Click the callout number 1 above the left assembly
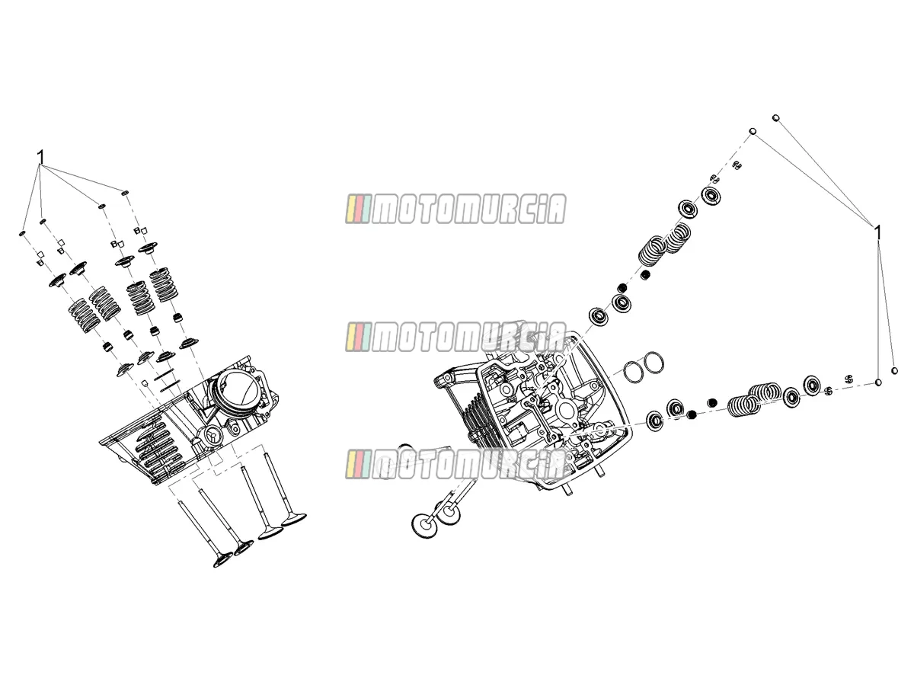click(40, 158)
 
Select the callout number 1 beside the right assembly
click(877, 233)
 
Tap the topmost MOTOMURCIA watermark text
click(468, 209)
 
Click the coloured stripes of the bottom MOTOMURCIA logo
click(357, 463)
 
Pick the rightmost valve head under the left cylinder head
click(294, 520)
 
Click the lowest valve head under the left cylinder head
click(222, 561)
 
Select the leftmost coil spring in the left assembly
click(85, 316)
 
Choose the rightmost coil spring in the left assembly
click(164, 285)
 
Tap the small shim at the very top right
click(775, 118)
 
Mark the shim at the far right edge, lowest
click(894, 370)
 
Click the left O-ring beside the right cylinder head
click(634, 371)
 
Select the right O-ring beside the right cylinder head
click(654, 363)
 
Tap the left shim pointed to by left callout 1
click(23, 233)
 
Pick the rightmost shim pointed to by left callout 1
click(124, 193)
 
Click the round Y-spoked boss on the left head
click(213, 436)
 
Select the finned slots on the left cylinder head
click(158, 450)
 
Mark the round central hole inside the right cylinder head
click(568, 411)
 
